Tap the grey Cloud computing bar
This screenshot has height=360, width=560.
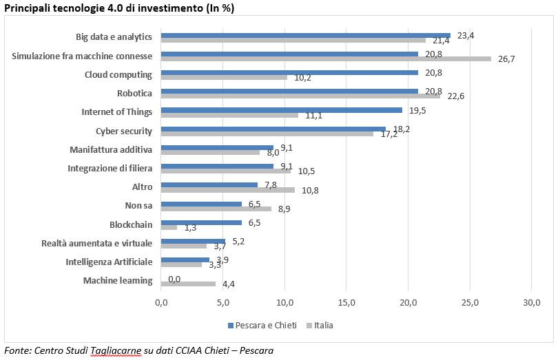click(224, 77)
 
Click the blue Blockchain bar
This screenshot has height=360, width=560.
click(201, 222)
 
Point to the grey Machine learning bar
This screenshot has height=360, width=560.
click(188, 284)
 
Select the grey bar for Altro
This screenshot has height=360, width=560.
click(227, 190)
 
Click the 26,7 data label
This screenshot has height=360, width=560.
click(506, 59)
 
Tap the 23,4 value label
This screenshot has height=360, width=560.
click(466, 35)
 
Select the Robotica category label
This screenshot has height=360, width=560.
click(135, 93)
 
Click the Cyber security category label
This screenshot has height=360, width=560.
click(124, 131)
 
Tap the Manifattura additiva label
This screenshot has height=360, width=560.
click(111, 149)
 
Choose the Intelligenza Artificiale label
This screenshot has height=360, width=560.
click(109, 262)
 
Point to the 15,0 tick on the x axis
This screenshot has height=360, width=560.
click(346, 302)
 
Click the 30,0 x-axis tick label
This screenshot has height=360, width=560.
click(532, 302)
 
